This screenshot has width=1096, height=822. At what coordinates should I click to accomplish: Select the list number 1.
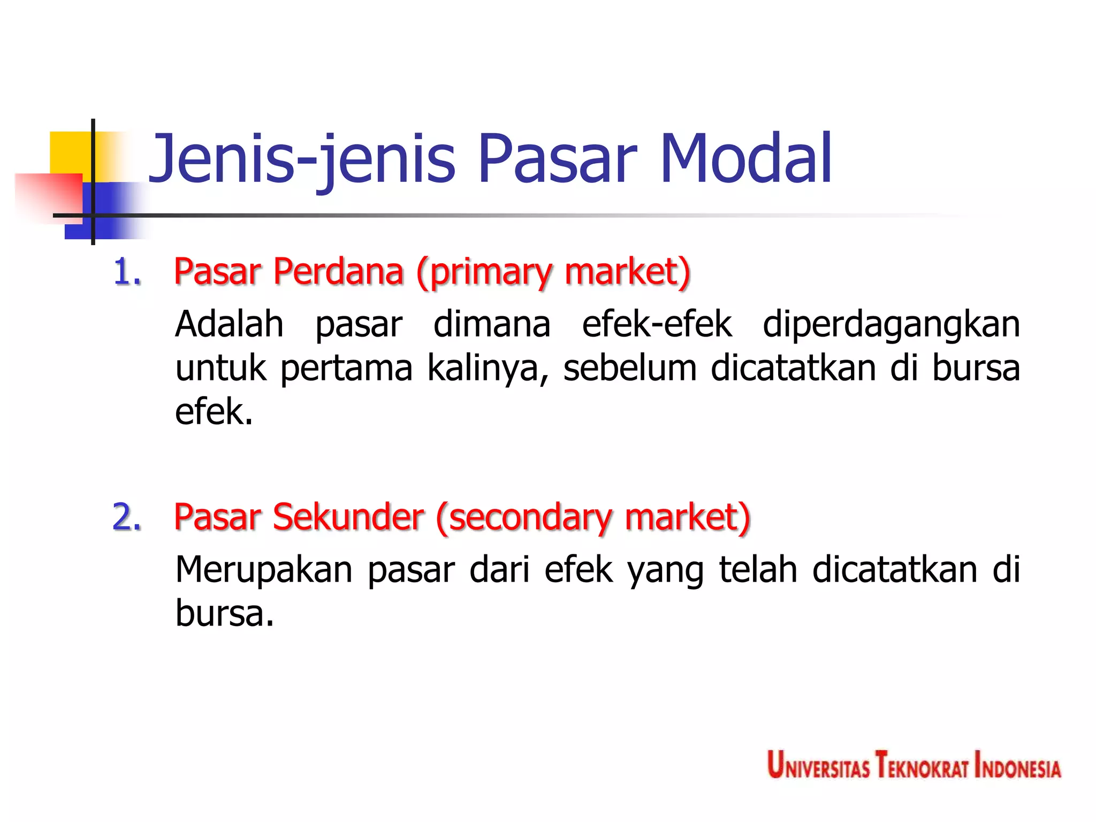coord(127,272)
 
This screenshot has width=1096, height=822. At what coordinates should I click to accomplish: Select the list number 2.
coord(127,517)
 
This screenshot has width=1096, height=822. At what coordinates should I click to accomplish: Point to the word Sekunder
coord(348,517)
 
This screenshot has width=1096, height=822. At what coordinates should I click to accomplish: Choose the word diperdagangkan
coord(891,325)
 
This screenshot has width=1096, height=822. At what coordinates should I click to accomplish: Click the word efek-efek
coord(657,324)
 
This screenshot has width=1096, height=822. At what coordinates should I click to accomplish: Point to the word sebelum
coord(630,368)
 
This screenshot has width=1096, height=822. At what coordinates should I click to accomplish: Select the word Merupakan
coord(264,569)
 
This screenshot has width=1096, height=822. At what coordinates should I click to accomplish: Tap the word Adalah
coord(230,324)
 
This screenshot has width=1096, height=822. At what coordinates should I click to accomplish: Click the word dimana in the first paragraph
coord(492,324)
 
